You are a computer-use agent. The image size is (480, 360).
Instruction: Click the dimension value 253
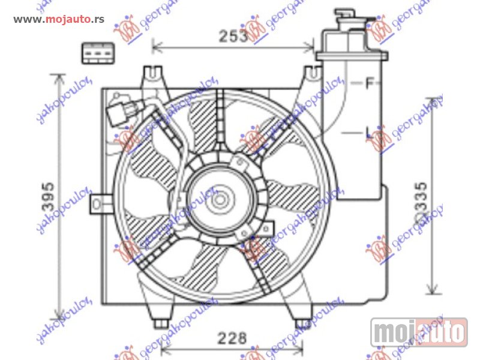click(x=233, y=36)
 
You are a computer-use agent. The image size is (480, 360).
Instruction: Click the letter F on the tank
click(x=370, y=83)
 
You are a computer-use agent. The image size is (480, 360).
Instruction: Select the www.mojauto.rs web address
click(x=59, y=19)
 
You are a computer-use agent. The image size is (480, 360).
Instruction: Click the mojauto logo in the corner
click(x=419, y=331)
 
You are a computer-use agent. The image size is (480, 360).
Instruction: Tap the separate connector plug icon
click(x=97, y=53)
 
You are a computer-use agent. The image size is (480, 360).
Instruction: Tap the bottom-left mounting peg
click(x=159, y=323)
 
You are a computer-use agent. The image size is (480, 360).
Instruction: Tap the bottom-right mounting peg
click(x=300, y=323)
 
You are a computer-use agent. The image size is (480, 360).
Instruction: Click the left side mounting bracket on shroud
click(x=98, y=203)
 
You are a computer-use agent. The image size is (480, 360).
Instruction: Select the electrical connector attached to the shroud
click(x=119, y=115)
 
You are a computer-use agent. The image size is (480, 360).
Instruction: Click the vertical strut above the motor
click(x=220, y=120)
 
